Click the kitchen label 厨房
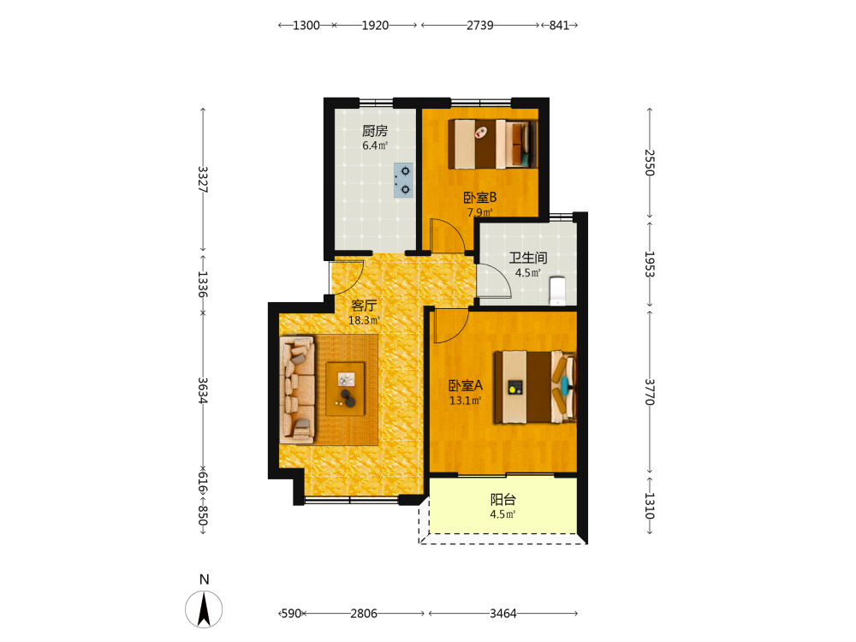point(375,131)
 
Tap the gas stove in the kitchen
point(403,180)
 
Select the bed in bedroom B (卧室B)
point(493,145)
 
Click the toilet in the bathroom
point(557,290)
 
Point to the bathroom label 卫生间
point(528,258)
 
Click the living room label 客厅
point(364,306)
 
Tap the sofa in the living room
point(298,389)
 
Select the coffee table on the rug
point(345,389)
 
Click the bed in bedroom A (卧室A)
point(536,387)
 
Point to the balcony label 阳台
point(502,500)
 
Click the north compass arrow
point(204,609)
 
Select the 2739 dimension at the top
point(480,25)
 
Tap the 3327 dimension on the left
point(203,180)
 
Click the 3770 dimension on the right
point(650,392)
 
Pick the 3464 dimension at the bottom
point(502,614)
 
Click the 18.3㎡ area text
point(364,320)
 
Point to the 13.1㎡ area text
point(465,401)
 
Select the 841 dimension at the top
point(559,25)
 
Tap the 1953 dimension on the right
point(650,265)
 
